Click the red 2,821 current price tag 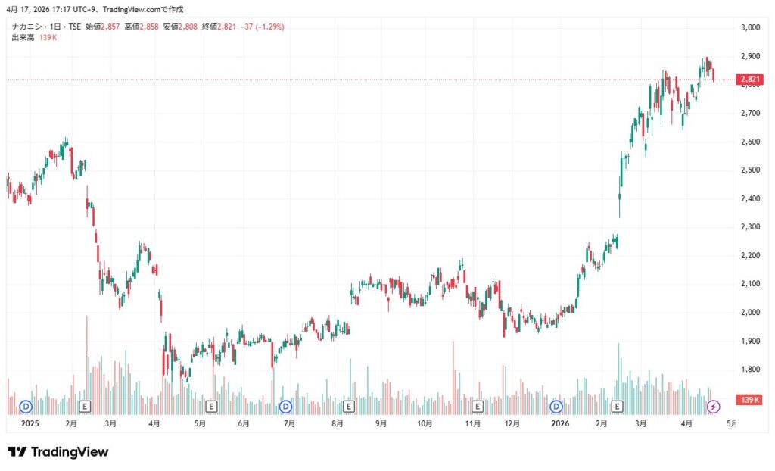pos(750,79)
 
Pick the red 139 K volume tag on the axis pos(750,399)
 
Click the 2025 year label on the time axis pos(30,423)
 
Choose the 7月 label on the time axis pos(289,423)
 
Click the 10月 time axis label pos(425,423)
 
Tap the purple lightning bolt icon pos(713,407)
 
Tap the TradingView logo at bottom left pos(58,452)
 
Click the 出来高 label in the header pos(23,37)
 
